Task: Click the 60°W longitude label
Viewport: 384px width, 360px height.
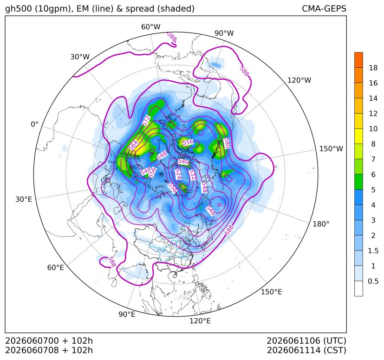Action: tap(150, 27)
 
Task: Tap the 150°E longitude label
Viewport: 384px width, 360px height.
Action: tap(271, 292)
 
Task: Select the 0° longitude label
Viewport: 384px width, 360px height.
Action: tap(35, 124)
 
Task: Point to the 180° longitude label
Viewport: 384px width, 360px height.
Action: tap(321, 224)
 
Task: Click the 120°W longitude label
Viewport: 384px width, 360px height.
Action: tap(299, 80)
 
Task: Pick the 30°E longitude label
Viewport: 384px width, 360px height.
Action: tap(24, 199)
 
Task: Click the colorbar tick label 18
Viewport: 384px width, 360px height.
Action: tap(373, 68)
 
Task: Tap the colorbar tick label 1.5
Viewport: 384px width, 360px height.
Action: tap(373, 251)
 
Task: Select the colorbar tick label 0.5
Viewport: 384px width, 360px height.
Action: tap(373, 281)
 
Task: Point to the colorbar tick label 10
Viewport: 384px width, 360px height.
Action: tap(373, 129)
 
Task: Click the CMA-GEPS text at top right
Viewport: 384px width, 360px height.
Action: tap(324, 8)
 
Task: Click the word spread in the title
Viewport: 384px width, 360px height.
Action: tap(140, 9)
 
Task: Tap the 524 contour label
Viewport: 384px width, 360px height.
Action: tap(178, 174)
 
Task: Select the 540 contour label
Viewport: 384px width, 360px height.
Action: tap(183, 161)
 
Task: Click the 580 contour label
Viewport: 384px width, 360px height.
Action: tap(227, 143)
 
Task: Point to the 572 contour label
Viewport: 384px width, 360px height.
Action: tap(146, 121)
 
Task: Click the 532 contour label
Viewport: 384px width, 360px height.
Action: tap(193, 175)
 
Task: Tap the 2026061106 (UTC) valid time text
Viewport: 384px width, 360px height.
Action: tap(306, 341)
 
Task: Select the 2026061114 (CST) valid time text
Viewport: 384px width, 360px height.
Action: tap(306, 350)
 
